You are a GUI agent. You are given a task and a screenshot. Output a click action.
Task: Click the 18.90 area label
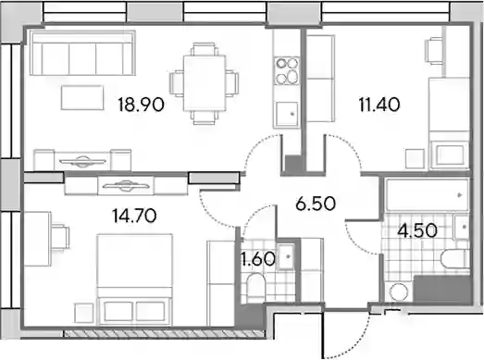click(141, 105)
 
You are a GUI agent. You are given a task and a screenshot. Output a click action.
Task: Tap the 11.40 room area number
click(379, 105)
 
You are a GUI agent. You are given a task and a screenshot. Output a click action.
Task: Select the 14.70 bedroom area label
click(134, 216)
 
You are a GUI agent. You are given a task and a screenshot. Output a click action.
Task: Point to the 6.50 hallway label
click(316, 204)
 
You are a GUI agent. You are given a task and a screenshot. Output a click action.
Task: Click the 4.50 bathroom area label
click(417, 230)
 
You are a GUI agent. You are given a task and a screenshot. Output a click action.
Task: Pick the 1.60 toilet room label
click(258, 259)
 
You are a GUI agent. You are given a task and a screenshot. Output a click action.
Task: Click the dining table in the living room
click(205, 82)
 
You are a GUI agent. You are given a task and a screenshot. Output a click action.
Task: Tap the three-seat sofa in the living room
click(82, 53)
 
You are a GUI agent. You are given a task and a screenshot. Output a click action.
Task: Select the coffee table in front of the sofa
click(82, 97)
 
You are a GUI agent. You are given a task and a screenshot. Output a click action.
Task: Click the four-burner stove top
click(287, 70)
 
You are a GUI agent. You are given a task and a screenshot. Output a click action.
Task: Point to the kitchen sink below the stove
click(287, 114)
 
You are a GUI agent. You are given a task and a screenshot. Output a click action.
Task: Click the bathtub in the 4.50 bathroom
click(427, 195)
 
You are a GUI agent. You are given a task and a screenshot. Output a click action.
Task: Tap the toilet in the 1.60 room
click(256, 287)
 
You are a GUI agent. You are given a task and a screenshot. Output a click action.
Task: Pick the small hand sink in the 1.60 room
click(287, 256)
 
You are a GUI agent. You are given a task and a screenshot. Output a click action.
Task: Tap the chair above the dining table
click(204, 49)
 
